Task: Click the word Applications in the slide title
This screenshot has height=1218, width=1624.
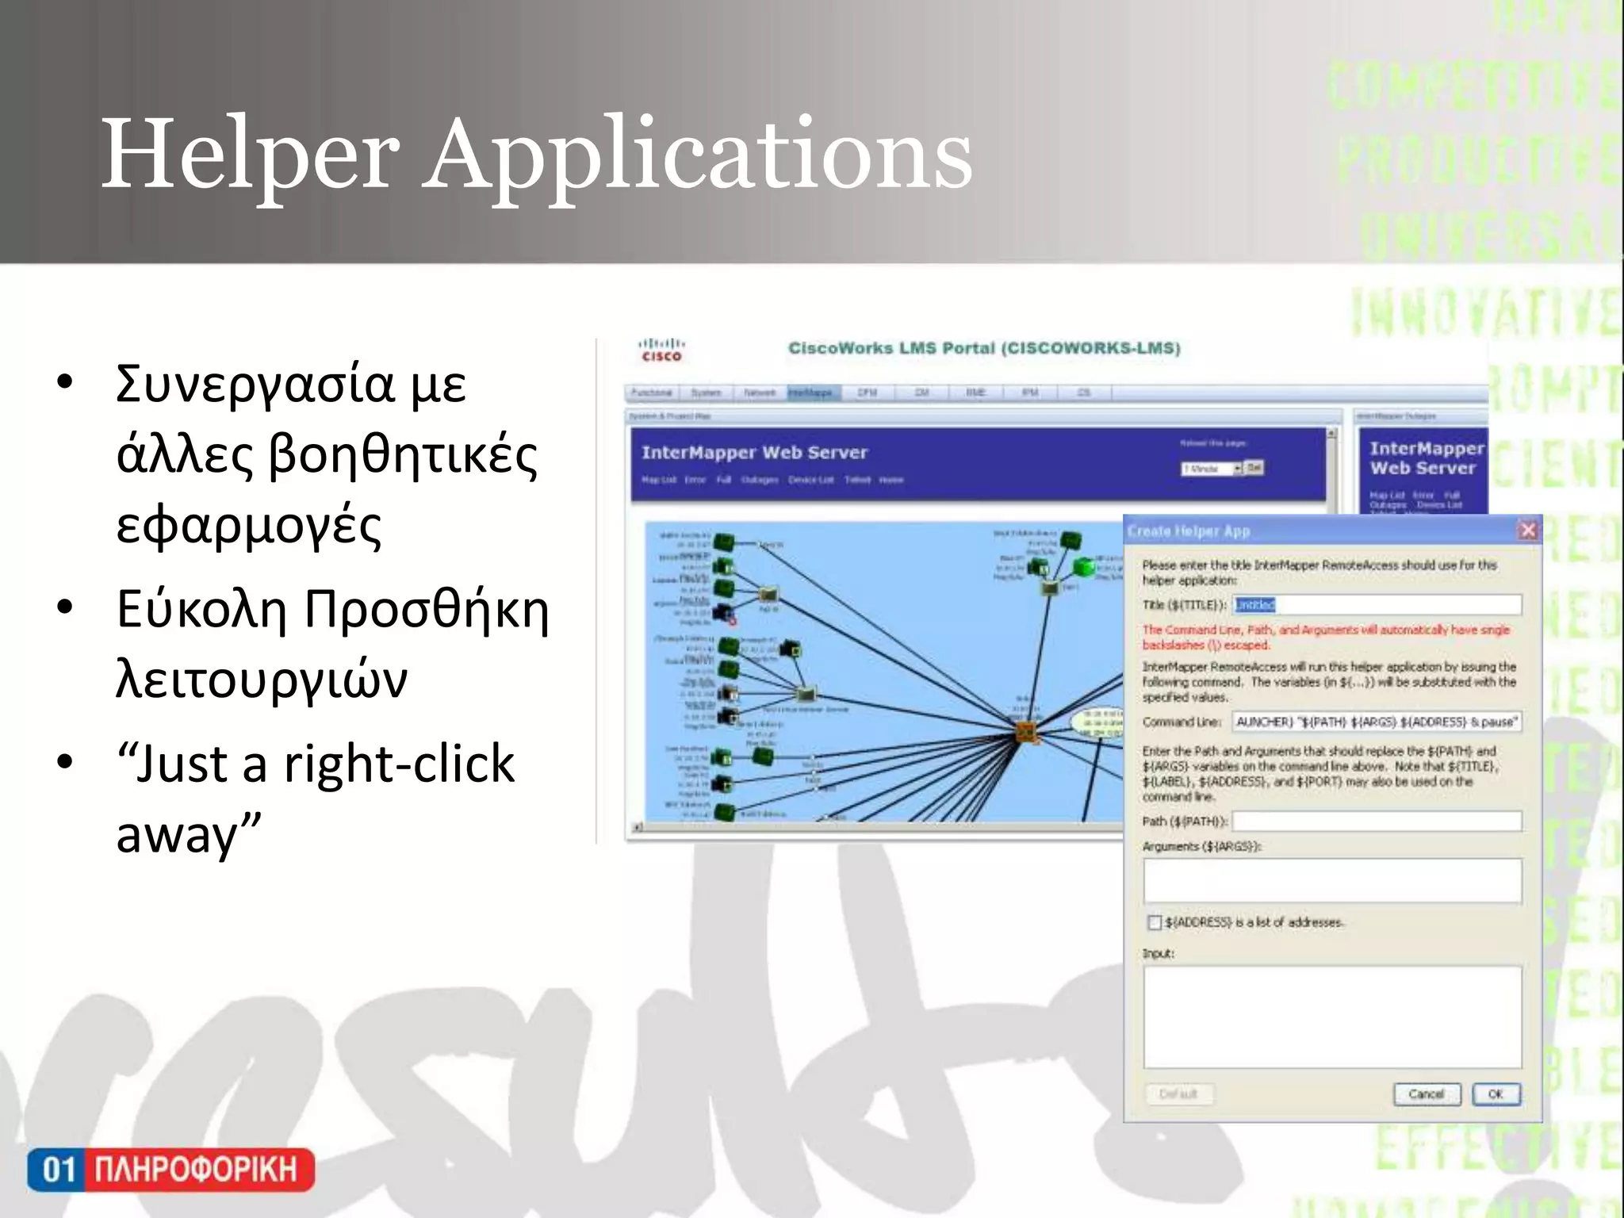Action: pos(698,155)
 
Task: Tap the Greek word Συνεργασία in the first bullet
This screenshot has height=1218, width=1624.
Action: pos(254,385)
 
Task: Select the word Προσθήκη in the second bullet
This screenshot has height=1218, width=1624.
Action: pos(427,611)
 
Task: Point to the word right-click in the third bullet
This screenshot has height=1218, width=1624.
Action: pos(400,764)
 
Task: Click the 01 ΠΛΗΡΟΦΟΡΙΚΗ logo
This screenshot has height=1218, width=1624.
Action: pos(170,1170)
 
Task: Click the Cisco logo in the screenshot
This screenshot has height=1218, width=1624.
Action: pos(661,350)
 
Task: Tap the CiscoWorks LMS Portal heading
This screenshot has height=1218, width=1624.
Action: pos(983,348)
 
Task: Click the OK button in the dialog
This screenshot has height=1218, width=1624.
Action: pos(1496,1094)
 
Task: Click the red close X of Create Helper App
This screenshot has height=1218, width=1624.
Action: pos(1528,530)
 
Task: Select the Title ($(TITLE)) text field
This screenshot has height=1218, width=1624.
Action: pos(1377,605)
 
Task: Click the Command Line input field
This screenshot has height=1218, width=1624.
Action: pos(1377,722)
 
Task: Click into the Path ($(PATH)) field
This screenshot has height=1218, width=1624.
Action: pos(1377,821)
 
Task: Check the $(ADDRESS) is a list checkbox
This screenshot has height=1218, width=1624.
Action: pos(1155,922)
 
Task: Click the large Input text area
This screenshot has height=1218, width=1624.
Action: pos(1332,1017)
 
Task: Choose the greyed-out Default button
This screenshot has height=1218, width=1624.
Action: pos(1179,1094)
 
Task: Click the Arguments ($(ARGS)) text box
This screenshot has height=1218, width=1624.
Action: pos(1332,880)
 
